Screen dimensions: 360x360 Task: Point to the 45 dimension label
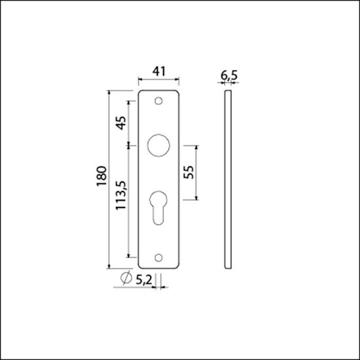click(x=120, y=123)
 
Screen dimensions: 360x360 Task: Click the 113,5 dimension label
click(x=120, y=200)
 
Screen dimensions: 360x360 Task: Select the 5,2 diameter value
click(x=143, y=279)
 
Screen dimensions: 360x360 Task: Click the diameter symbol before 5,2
click(x=124, y=279)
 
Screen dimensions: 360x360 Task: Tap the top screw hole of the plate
click(x=158, y=101)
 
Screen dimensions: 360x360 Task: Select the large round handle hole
click(x=158, y=145)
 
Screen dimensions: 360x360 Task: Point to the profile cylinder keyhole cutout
click(x=158, y=206)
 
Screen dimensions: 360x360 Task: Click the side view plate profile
click(x=228, y=179)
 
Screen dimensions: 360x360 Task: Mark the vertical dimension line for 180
click(x=109, y=179)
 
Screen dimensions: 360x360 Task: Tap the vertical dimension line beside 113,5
click(x=129, y=200)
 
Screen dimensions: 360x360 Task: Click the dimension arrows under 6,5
click(x=228, y=84)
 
